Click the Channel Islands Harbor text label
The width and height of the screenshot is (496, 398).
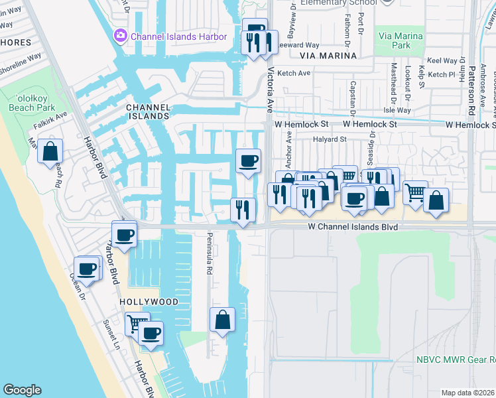pyautogui.click(x=179, y=36)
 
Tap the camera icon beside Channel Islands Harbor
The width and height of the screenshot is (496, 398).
pyautogui.click(x=121, y=36)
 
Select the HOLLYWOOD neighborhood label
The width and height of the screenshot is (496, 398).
pyautogui.click(x=149, y=302)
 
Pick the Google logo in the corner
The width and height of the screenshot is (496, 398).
pyautogui.click(x=22, y=391)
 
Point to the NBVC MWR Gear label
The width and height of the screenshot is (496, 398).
pyautogui.click(x=454, y=360)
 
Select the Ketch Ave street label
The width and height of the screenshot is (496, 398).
pyautogui.click(x=294, y=74)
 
